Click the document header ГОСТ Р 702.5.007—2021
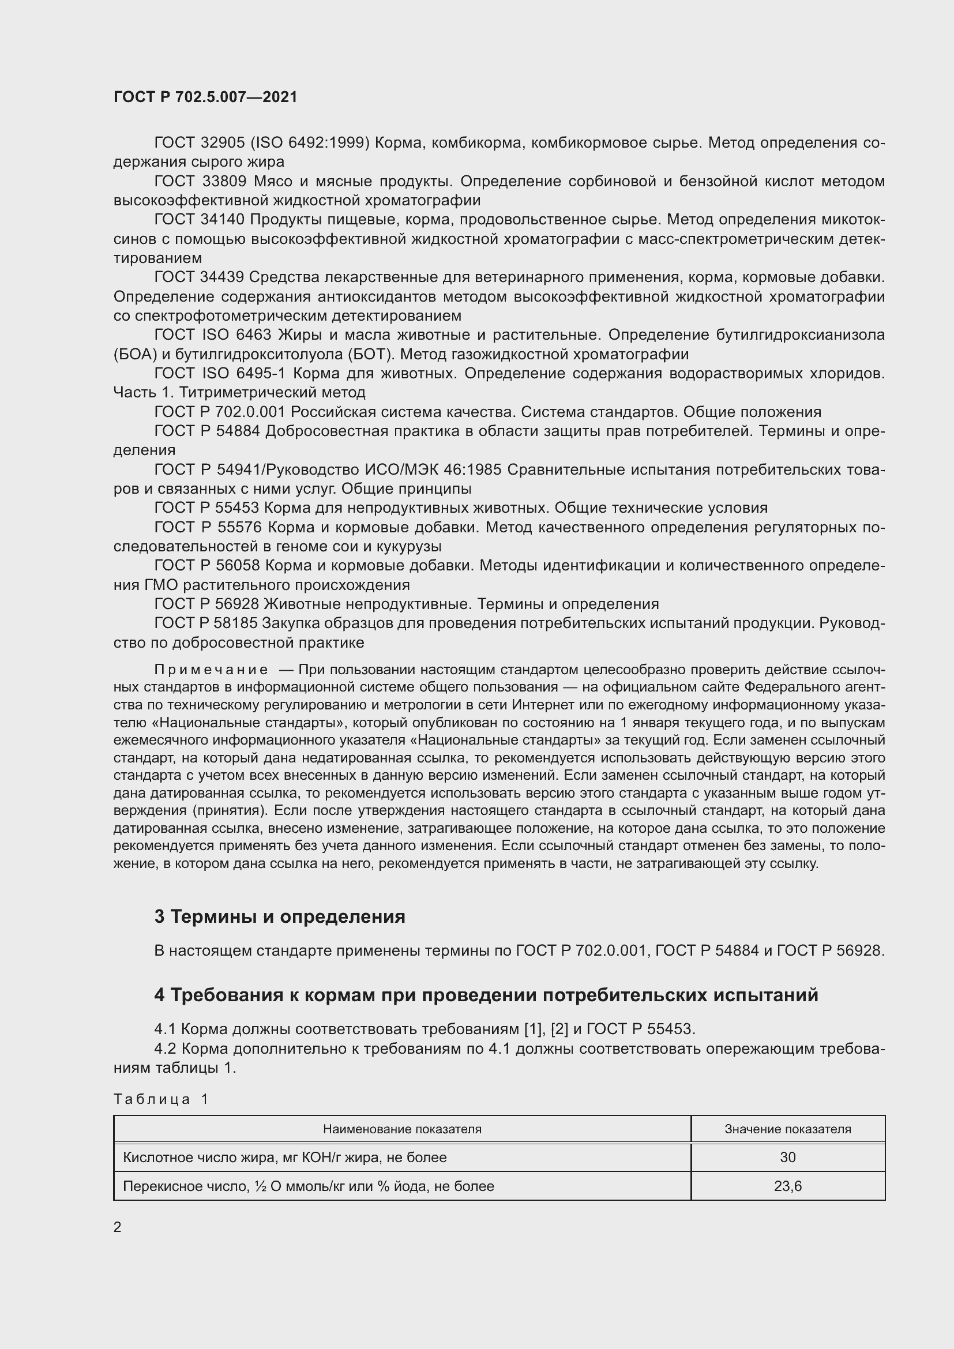[205, 97]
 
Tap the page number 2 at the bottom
[118, 1227]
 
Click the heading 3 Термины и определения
[280, 916]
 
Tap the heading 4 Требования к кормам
[486, 995]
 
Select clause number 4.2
[166, 1049]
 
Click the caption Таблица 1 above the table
[161, 1099]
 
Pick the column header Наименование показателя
[402, 1129]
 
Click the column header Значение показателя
[787, 1129]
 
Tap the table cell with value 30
[787, 1158]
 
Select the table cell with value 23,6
[787, 1186]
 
